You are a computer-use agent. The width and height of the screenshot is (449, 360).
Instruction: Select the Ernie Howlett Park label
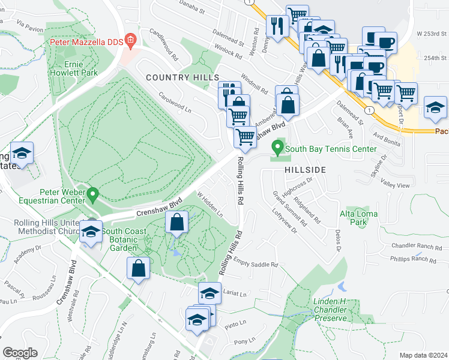(x=77, y=67)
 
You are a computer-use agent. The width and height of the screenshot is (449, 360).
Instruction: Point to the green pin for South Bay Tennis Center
(x=277, y=146)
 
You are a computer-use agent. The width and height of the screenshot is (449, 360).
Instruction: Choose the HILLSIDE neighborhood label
(x=305, y=170)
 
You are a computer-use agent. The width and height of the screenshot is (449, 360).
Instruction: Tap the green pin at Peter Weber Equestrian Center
(x=92, y=194)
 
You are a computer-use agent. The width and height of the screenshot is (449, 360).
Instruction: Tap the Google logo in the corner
(x=20, y=353)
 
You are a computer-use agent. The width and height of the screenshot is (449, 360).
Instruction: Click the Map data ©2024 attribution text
(x=423, y=355)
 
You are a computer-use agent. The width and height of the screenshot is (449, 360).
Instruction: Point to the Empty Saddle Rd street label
(x=256, y=263)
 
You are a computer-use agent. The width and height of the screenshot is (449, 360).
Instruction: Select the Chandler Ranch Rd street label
(x=412, y=246)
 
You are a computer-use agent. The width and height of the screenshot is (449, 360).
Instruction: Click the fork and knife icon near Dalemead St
(x=277, y=26)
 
